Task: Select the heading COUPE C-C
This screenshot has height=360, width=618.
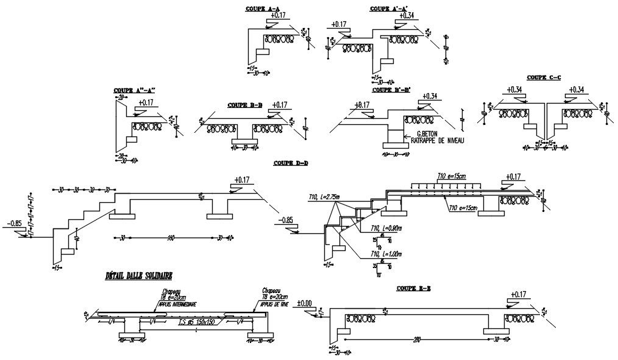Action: coord(544,77)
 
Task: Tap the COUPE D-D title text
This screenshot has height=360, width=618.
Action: coord(291,163)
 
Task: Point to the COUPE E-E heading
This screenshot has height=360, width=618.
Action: coord(413,288)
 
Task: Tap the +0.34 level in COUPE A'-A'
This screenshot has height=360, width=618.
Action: coord(406,16)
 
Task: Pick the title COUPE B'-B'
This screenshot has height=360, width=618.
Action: coord(391,90)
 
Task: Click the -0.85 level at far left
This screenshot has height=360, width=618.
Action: coord(13,222)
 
